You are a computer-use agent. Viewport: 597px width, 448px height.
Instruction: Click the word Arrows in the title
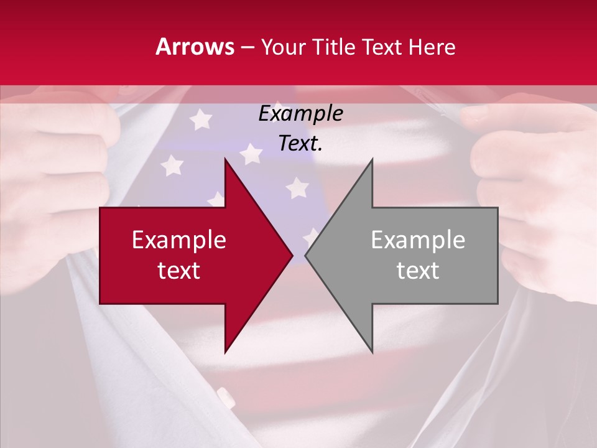click(195, 47)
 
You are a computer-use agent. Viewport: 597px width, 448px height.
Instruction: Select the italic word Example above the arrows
click(300, 114)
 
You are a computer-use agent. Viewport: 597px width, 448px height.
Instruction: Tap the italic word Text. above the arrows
click(300, 144)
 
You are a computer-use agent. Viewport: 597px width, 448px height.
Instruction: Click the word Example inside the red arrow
click(179, 240)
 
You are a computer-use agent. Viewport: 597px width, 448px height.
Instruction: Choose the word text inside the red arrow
click(179, 271)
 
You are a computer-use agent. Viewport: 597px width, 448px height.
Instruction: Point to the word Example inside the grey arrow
click(418, 240)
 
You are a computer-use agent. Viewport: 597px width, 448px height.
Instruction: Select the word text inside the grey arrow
click(418, 271)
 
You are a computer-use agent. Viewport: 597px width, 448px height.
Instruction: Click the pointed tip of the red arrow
click(292, 255)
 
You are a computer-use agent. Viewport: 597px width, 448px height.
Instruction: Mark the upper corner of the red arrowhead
click(225, 159)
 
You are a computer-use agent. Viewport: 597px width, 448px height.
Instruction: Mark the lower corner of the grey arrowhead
click(372, 352)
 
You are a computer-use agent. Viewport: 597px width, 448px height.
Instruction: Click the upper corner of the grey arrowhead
click(372, 159)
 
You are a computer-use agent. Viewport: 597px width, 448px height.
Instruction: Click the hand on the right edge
click(541, 187)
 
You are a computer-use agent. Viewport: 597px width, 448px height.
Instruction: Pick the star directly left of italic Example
click(200, 118)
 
